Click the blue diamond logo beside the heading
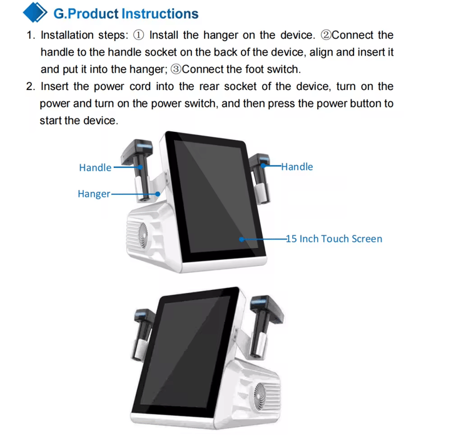(x=35, y=12)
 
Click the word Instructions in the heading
(x=160, y=14)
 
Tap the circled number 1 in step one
(x=139, y=35)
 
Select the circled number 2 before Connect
(x=326, y=35)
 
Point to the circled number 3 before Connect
(x=176, y=69)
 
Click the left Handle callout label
(x=95, y=167)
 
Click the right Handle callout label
(x=297, y=167)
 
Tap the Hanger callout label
(x=94, y=194)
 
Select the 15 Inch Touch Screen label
(x=334, y=239)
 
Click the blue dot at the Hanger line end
(x=158, y=194)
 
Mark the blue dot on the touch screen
(x=241, y=239)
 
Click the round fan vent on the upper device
(x=143, y=235)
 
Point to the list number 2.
(x=31, y=86)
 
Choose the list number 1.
(x=31, y=35)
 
